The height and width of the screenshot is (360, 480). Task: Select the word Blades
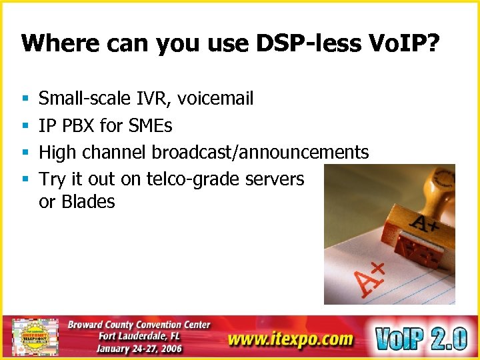[x=88, y=201]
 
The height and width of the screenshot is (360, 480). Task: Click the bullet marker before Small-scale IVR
[x=25, y=99]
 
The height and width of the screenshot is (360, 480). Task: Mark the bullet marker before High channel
[x=25, y=153]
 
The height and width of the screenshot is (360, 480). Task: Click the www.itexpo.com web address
[x=290, y=339]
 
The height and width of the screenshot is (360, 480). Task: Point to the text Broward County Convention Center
[x=139, y=325]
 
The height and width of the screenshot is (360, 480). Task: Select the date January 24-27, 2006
[x=139, y=349]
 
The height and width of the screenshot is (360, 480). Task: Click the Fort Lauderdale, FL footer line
[x=139, y=337]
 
